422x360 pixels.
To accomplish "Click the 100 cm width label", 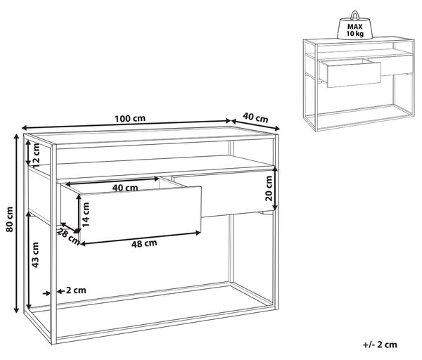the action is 130,118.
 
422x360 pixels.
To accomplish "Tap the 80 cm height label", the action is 9,219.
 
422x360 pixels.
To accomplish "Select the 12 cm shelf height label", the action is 36,155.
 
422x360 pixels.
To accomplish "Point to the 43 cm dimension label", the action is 36,255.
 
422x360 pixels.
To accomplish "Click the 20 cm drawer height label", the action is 269,188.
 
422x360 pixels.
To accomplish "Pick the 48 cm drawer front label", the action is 144,243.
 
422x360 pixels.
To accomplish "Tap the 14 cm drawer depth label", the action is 86,214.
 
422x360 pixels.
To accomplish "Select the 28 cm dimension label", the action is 69,236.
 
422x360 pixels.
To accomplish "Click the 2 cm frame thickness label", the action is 76,290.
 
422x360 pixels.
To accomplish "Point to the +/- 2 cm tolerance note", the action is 380,345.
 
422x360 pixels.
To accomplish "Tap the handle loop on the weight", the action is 355,15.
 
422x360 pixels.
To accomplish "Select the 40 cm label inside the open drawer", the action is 125,188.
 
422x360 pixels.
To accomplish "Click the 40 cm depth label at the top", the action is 255,117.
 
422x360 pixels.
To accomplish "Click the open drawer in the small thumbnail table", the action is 350,73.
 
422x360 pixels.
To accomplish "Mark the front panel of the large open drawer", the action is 140,214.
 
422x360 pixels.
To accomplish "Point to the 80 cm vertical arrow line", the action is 16,224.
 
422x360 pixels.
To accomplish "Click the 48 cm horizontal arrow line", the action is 140,238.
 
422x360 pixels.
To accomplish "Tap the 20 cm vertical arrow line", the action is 275,188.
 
